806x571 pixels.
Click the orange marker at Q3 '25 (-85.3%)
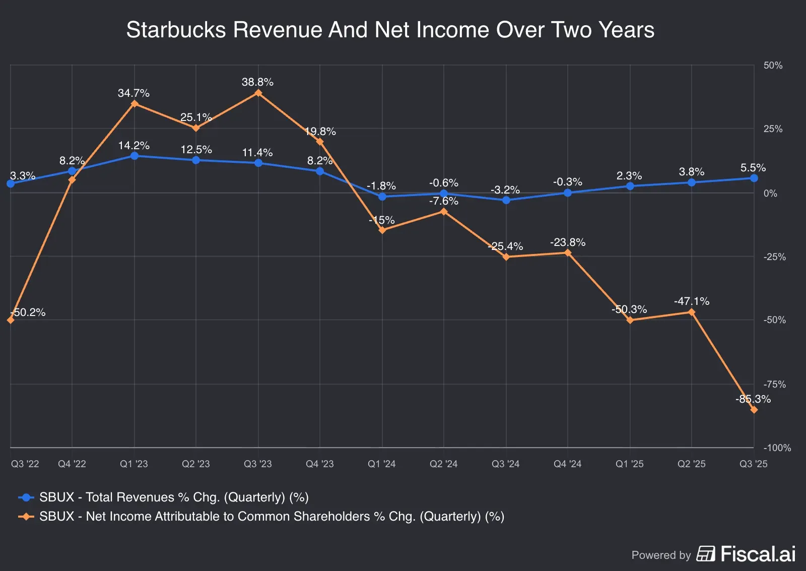754,410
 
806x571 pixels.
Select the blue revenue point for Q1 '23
135,156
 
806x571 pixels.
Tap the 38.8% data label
257,82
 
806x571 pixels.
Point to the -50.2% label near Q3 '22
28,312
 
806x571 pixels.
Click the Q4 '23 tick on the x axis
320,464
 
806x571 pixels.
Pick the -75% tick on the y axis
774,384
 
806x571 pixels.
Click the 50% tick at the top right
773,66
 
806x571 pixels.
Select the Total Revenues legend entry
173,497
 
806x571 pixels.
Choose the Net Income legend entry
272,517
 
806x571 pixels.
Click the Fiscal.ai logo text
758,554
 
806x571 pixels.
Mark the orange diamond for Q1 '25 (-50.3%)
630,320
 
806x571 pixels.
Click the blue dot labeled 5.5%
754,178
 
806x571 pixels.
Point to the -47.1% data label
691,301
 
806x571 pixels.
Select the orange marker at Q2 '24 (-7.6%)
444,212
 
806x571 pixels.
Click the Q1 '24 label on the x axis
381,464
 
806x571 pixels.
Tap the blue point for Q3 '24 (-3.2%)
506,200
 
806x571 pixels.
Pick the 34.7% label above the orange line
133,93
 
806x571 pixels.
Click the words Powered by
661,555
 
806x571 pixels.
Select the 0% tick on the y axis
770,194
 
